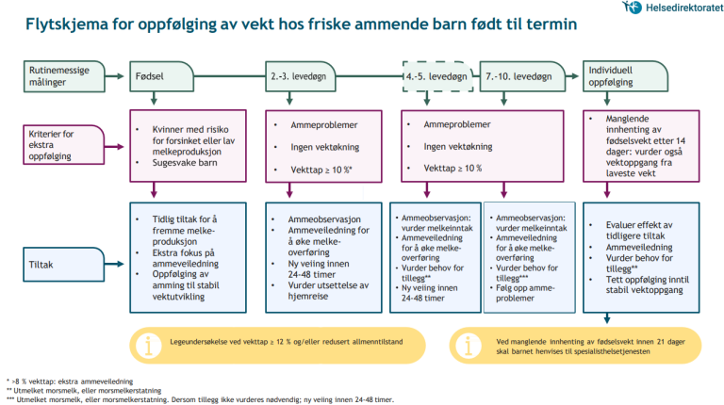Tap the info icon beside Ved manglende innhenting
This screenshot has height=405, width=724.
[x=469, y=344]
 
